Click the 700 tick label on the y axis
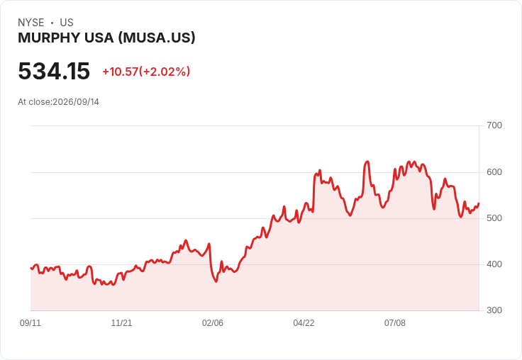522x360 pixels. (x=494, y=125)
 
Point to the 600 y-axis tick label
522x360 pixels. (x=494, y=172)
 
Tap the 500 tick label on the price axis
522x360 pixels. (x=494, y=218)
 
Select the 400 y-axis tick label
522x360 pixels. (x=494, y=264)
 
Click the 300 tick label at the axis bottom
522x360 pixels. (x=494, y=310)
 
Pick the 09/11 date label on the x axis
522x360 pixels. (x=30, y=323)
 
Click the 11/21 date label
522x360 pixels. (x=121, y=323)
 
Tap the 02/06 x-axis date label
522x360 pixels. (x=213, y=323)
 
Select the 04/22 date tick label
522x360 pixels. (x=304, y=323)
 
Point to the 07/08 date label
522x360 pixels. (x=395, y=323)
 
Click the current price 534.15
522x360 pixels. (x=54, y=71)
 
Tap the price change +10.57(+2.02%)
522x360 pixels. (x=146, y=72)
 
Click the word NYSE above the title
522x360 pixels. (x=31, y=23)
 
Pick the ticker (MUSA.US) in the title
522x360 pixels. (x=157, y=38)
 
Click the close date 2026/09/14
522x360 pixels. (x=76, y=102)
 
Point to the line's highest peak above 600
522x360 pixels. (x=367, y=162)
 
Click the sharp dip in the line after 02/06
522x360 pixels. (x=216, y=281)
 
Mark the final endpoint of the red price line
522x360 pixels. (x=479, y=203)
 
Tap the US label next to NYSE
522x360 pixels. (x=67, y=23)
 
